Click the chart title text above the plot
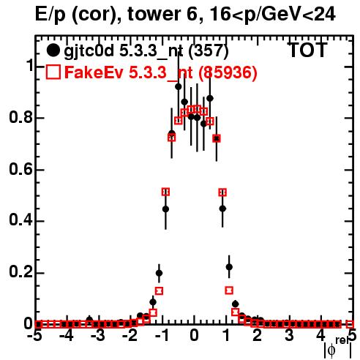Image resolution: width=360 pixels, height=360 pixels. (x=185, y=14)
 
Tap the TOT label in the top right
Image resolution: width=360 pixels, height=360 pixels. (x=307, y=50)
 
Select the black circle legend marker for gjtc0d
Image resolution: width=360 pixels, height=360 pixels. (x=53, y=50)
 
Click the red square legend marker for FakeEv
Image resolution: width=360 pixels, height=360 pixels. (x=53, y=72)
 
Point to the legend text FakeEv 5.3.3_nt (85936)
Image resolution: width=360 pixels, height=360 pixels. (x=161, y=72)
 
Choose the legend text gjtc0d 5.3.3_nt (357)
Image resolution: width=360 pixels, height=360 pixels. (x=146, y=51)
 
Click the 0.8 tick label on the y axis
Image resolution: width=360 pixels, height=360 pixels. (x=20, y=117)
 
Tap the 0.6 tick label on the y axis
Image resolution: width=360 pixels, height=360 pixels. (x=20, y=169)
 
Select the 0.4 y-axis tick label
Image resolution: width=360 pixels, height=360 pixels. (x=20, y=220)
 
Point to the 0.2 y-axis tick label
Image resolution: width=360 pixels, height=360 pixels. (x=20, y=272)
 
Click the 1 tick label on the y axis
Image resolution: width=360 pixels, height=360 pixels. (x=30, y=65)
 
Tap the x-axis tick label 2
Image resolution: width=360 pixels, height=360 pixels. (x=258, y=336)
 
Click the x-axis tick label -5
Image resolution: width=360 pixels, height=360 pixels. (x=36, y=336)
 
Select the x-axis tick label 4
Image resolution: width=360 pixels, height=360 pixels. (x=321, y=336)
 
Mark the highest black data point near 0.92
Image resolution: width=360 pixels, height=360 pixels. (x=179, y=86)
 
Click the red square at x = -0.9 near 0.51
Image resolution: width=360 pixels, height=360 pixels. (x=165, y=192)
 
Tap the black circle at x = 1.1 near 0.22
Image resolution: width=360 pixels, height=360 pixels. (x=229, y=267)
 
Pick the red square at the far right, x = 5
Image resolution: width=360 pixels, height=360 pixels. (x=350, y=324)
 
